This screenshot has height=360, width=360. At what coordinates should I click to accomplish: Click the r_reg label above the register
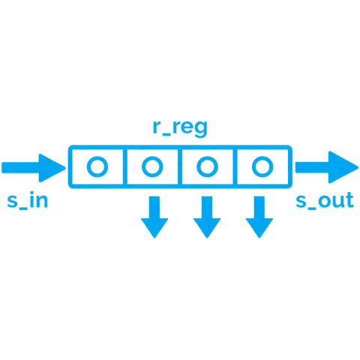click(x=180, y=127)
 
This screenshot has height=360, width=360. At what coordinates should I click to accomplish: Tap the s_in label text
click(x=27, y=201)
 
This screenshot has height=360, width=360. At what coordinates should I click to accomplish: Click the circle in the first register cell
click(x=95, y=166)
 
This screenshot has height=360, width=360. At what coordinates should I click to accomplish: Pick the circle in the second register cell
click(x=151, y=166)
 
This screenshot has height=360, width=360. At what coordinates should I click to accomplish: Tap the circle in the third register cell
click(x=206, y=166)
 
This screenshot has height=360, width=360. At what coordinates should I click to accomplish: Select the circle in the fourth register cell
click(x=260, y=166)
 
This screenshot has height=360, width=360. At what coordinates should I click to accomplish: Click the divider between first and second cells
click(x=124, y=166)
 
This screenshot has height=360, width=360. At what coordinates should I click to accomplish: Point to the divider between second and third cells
click(x=180, y=166)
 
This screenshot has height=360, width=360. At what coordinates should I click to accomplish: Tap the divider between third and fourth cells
click(x=234, y=166)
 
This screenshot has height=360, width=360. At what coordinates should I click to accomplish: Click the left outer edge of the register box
click(x=69, y=166)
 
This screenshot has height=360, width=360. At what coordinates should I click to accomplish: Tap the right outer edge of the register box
click(x=291, y=166)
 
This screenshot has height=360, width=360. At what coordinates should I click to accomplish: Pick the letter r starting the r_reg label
click(x=155, y=127)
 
